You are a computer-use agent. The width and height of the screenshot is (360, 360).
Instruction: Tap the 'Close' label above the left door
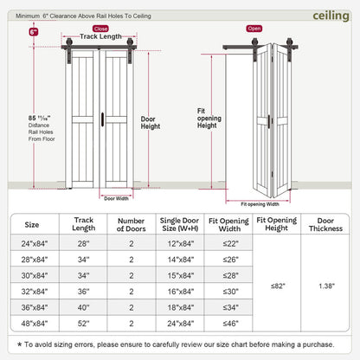(x=100, y=28)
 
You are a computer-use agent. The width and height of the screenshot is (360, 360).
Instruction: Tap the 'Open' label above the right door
(x=254, y=28)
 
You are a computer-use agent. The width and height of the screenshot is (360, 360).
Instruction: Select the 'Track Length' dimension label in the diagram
(x=100, y=37)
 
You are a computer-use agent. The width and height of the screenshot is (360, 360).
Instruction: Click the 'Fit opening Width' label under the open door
(x=253, y=204)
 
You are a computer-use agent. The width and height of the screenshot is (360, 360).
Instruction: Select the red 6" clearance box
(x=34, y=31)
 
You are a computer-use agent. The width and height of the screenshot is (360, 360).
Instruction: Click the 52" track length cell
(x=84, y=324)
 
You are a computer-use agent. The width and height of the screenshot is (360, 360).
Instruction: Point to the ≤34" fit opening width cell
(x=229, y=308)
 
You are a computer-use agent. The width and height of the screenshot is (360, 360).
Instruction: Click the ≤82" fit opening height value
(x=277, y=285)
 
